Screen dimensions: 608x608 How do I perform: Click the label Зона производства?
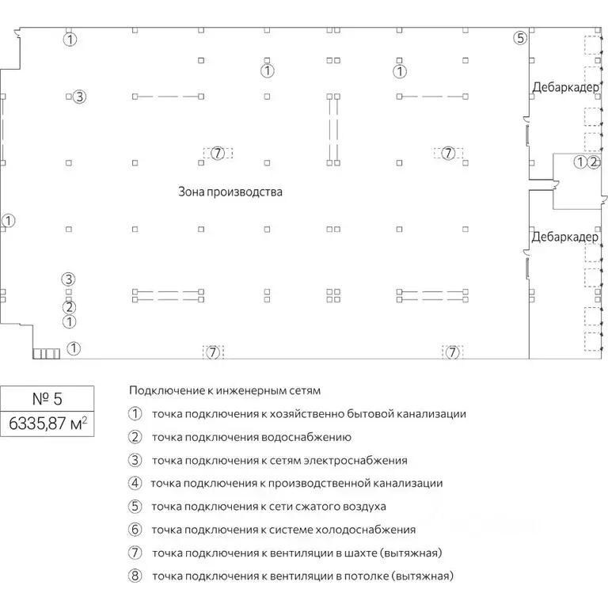tap(230, 192)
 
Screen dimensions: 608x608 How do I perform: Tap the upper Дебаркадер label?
tap(566, 87)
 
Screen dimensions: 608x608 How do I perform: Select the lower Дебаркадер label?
tap(565, 237)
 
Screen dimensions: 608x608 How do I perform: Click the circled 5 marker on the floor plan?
tap(520, 38)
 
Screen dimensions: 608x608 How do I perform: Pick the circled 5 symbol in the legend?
tap(135, 507)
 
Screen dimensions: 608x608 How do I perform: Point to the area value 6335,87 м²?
tap(47, 424)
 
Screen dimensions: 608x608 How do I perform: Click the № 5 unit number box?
tap(47, 399)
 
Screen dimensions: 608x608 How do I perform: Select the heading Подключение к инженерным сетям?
tap(225, 390)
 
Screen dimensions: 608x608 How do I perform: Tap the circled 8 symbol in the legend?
tap(135, 576)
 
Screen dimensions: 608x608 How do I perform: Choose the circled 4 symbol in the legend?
tap(135, 483)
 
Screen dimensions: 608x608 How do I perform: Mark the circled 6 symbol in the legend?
tap(135, 530)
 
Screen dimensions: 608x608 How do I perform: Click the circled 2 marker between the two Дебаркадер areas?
tap(594, 161)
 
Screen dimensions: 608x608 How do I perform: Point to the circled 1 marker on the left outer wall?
tap(8, 221)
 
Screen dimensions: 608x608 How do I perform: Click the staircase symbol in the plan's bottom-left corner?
tap(46, 354)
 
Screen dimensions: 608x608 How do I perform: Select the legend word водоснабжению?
tap(306, 437)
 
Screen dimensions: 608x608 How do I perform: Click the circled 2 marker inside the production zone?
tap(69, 307)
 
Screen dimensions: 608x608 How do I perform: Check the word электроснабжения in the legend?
tap(355, 461)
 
